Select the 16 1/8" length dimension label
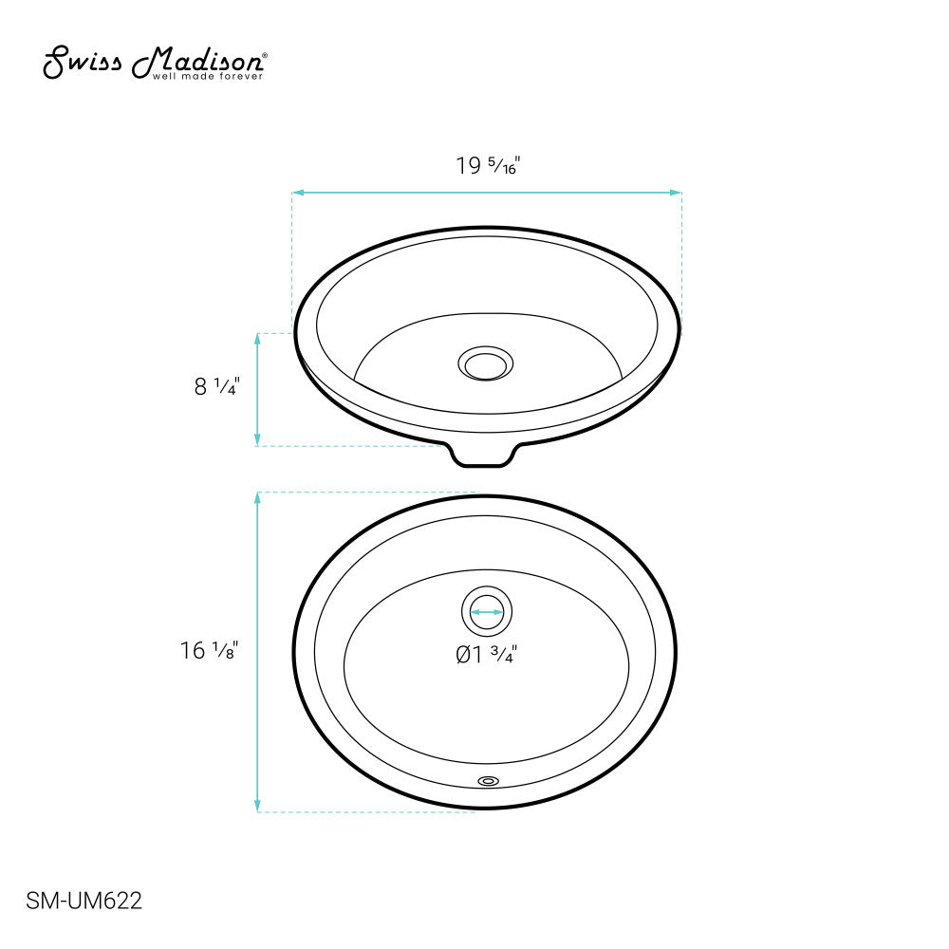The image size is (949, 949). [x=207, y=651]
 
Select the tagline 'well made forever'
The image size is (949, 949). [x=208, y=77]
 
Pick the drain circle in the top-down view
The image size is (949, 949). [x=487, y=612]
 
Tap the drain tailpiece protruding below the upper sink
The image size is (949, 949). [x=485, y=456]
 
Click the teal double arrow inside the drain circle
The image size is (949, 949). [x=487, y=612]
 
